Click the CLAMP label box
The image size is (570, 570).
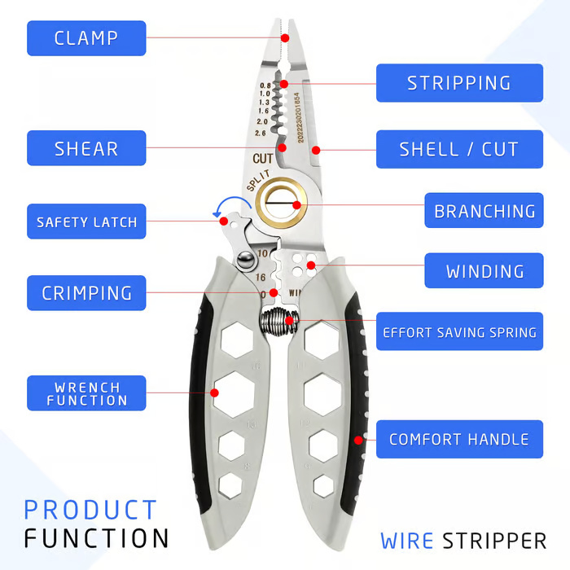86,38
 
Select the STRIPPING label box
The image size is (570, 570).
458,83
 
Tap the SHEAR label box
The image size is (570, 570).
86,149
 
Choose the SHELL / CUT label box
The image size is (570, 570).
458,149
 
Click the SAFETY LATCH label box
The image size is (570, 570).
86,221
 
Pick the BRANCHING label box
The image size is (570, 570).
484,211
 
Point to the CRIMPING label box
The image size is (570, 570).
86,292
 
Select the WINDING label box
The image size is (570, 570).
484,271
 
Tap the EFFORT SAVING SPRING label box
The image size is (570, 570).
458,332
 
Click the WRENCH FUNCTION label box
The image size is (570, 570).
86,393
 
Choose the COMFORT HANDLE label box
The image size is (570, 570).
458,440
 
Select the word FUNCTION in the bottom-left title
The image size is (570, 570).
96,538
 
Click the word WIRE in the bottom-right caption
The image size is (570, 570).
408,540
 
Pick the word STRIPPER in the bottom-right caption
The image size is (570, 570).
494,540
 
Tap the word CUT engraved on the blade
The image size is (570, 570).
262,158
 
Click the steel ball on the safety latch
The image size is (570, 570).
242,259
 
